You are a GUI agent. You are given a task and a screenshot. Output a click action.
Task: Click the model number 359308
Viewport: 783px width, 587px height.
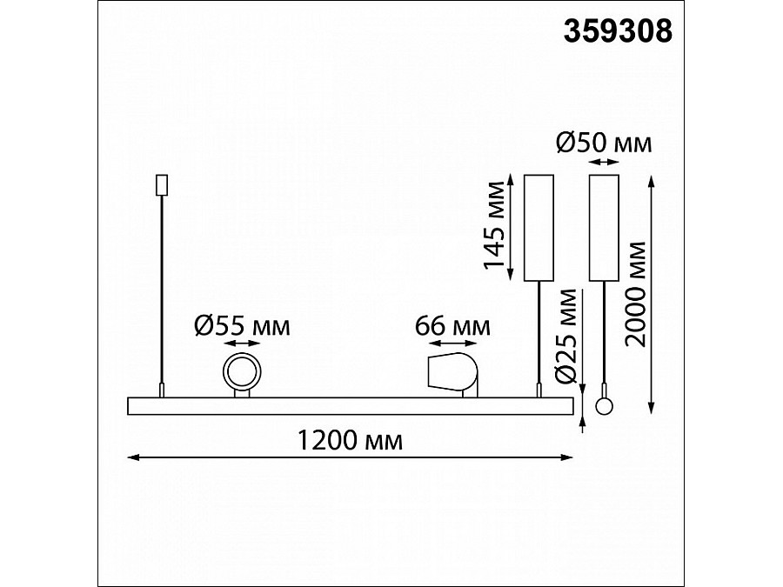(618, 32)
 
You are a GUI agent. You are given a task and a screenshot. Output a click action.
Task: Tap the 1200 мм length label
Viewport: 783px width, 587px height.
(350, 440)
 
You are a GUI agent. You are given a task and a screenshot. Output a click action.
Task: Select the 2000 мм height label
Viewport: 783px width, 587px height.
(636, 294)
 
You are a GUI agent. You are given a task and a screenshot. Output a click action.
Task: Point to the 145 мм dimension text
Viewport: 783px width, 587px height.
(495, 225)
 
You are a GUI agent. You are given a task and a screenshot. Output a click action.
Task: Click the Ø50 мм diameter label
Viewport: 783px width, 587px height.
(604, 143)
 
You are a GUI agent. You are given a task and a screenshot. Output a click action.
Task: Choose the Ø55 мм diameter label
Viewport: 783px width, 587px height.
(242, 326)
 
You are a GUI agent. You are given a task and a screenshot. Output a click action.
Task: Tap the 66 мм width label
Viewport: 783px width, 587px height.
(452, 326)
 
